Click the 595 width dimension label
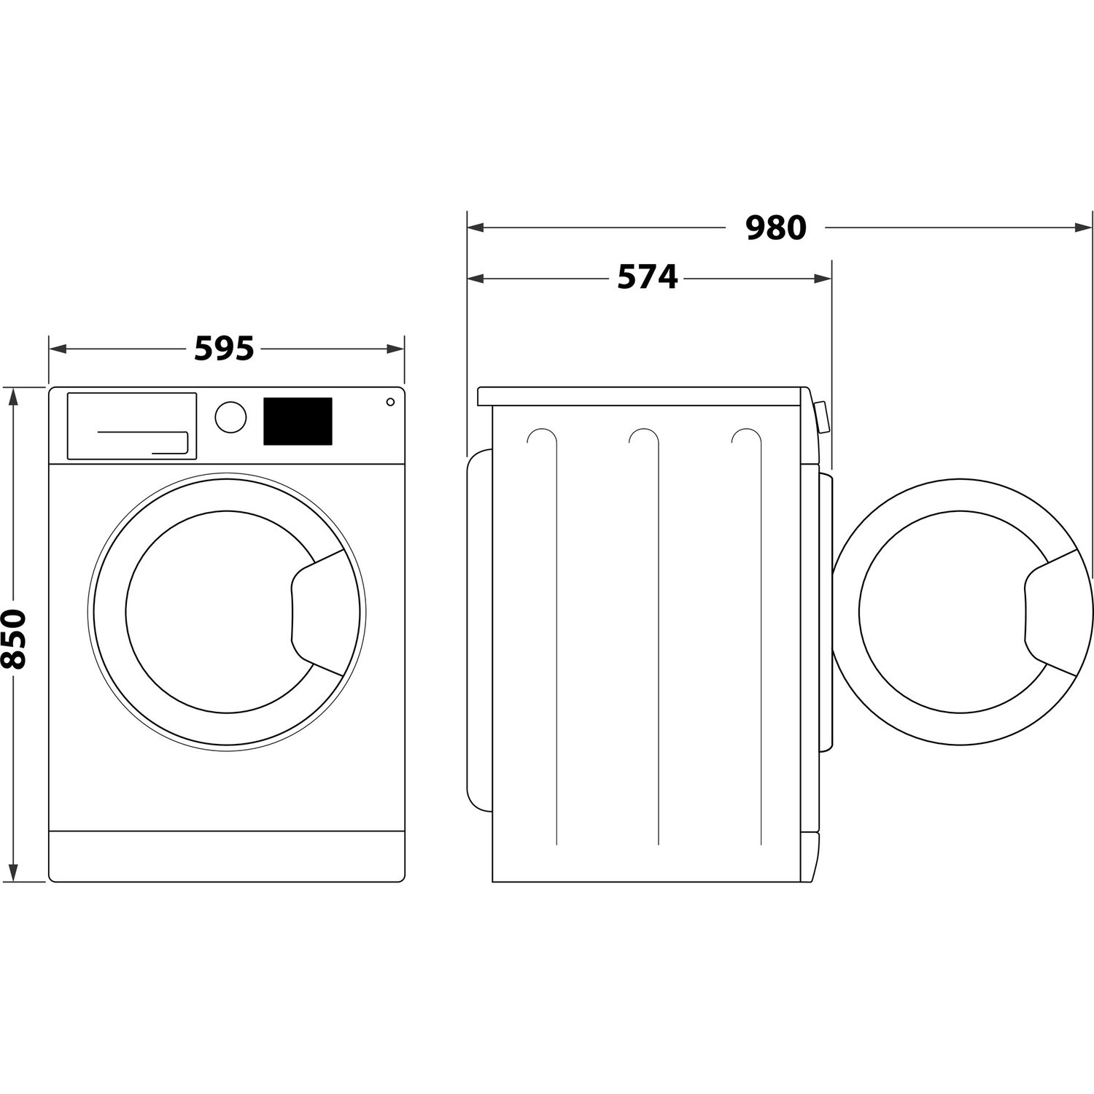(x=224, y=349)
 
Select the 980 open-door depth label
(x=775, y=228)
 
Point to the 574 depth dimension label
(x=647, y=278)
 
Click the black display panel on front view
(x=298, y=421)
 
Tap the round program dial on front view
(x=230, y=416)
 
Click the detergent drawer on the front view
(x=132, y=426)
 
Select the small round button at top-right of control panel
(x=390, y=402)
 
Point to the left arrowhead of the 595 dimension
(x=55, y=349)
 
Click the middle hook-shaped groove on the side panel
(x=644, y=438)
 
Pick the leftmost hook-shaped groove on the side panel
(x=541, y=438)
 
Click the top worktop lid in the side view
(x=642, y=396)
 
